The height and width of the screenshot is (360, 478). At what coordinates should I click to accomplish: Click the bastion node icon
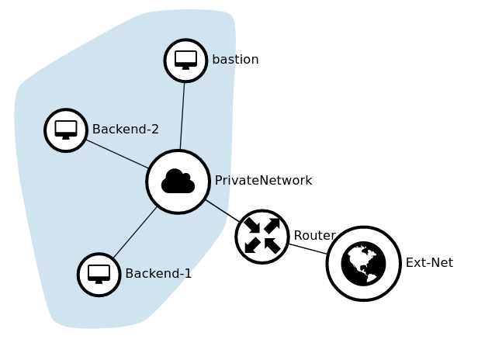185,61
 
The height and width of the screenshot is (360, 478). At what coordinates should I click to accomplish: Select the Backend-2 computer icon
66,130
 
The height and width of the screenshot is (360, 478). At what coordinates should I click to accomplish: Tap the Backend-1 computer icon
99,275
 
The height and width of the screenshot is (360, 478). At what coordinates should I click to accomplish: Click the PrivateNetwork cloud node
178,182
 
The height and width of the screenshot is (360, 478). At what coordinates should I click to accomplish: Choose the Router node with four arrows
262,237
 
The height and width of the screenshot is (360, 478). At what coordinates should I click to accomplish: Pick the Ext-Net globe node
363,264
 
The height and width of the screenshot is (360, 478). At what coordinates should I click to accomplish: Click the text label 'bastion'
235,60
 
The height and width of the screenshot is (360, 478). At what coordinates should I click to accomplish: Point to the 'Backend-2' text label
125,130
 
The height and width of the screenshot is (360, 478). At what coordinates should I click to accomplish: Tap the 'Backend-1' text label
158,274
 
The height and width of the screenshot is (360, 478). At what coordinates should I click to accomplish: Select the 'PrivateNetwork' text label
263,181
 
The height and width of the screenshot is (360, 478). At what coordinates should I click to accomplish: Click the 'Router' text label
314,236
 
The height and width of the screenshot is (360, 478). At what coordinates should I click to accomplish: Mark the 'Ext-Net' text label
429,263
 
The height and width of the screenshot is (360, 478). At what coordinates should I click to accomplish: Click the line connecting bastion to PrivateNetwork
182,116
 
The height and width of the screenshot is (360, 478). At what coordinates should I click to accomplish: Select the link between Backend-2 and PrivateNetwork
117,154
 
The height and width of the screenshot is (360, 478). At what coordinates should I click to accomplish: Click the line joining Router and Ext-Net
308,249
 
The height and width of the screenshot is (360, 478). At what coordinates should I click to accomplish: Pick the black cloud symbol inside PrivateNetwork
178,182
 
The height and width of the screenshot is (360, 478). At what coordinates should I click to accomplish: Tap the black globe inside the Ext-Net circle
363,264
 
